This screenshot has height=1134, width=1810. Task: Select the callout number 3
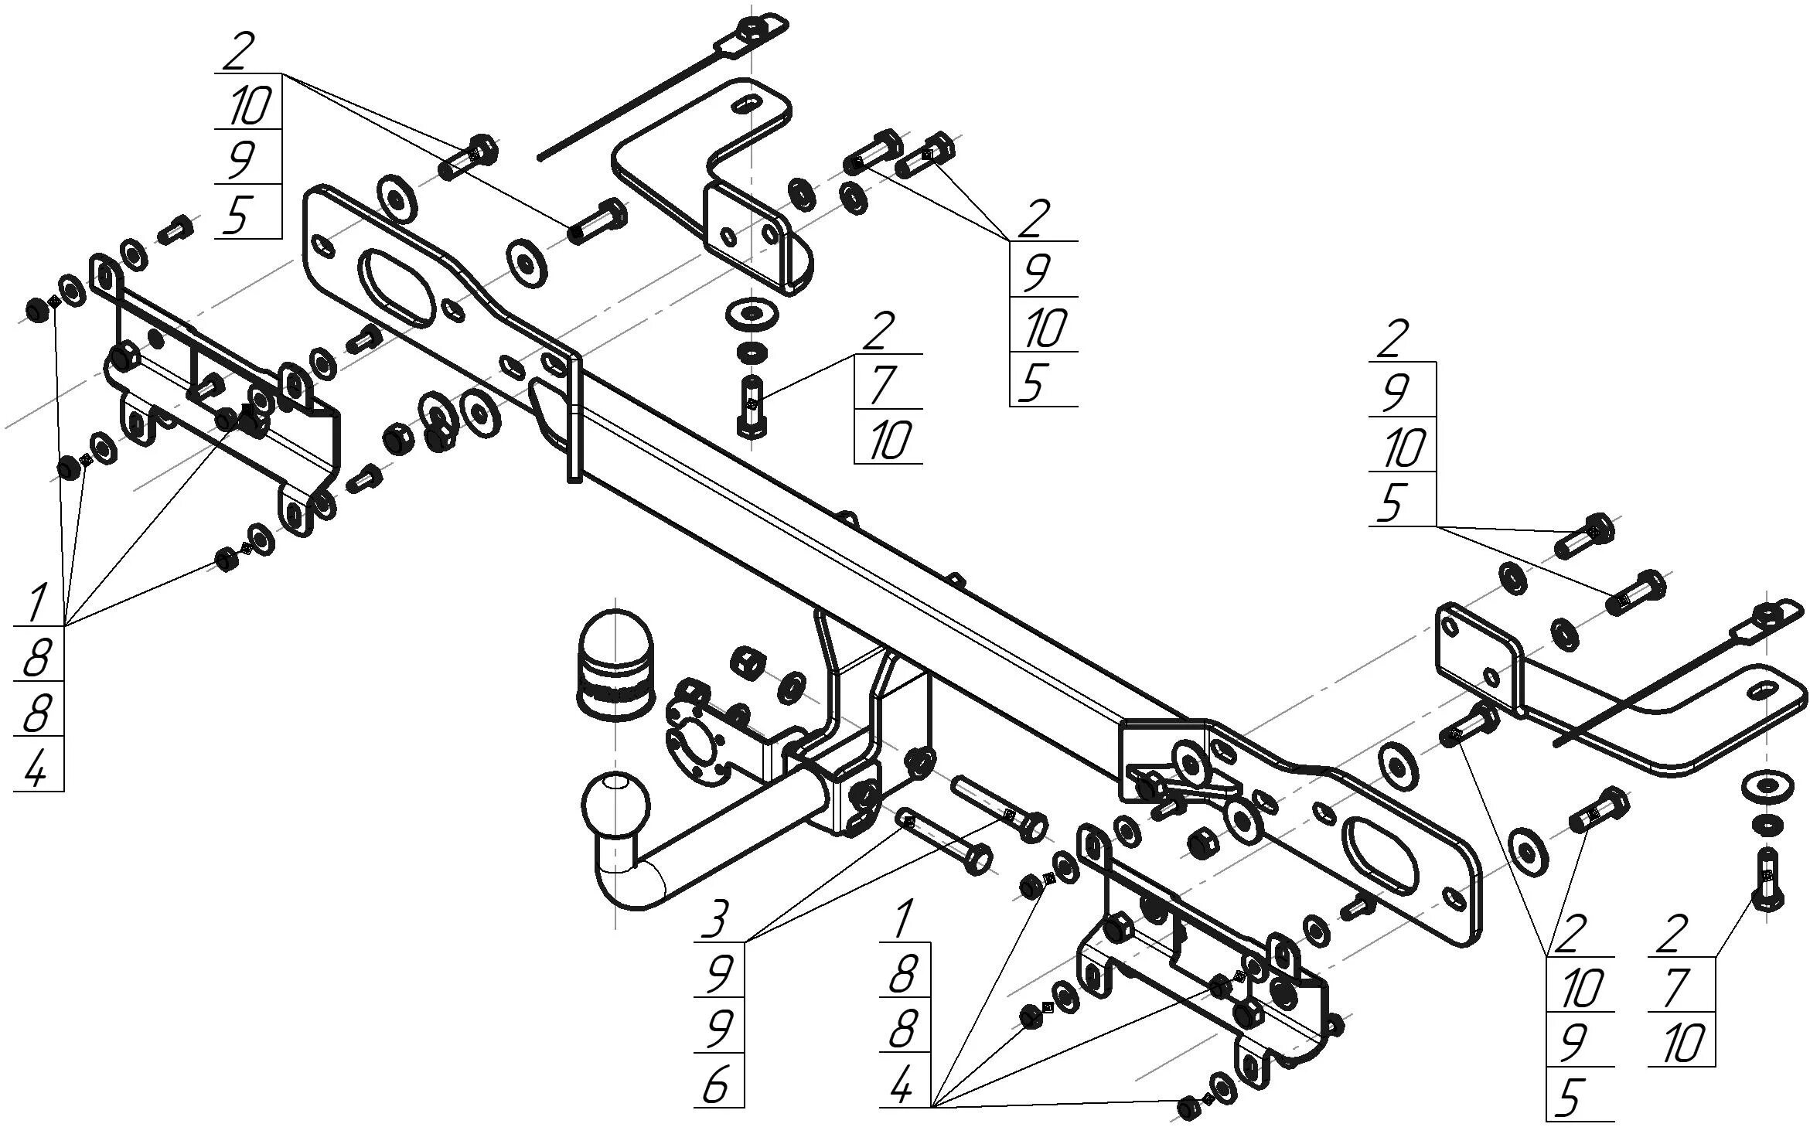(x=716, y=920)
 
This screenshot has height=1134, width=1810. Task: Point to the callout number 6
(x=716, y=1086)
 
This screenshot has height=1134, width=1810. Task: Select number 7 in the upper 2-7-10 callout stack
(x=882, y=384)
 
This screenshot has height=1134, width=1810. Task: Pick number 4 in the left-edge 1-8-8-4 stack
(x=36, y=765)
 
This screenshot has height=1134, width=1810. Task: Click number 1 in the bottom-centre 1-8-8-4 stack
(x=902, y=920)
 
